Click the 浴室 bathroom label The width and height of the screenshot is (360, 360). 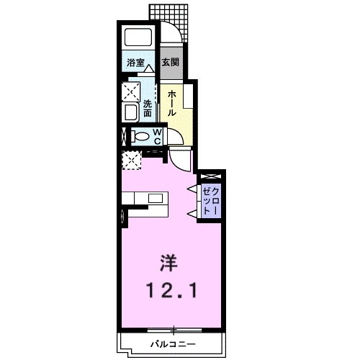tap(135, 63)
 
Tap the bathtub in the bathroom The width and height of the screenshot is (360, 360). tap(137, 39)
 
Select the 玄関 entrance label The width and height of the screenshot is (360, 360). tap(170, 63)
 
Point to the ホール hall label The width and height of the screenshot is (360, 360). tap(173, 102)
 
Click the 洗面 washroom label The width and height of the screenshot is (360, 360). tap(148, 107)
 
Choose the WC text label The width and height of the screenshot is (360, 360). tap(158, 135)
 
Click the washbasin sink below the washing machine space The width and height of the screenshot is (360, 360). tap(131, 113)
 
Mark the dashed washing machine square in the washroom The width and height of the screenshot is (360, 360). tap(131, 91)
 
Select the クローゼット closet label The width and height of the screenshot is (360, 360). tap(212, 197)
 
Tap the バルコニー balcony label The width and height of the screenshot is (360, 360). tap(173, 343)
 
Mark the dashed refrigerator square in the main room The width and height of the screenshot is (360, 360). tap(131, 159)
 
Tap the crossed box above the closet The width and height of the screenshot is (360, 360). tap(210, 176)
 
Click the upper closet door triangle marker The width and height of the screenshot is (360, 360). tap(192, 189)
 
